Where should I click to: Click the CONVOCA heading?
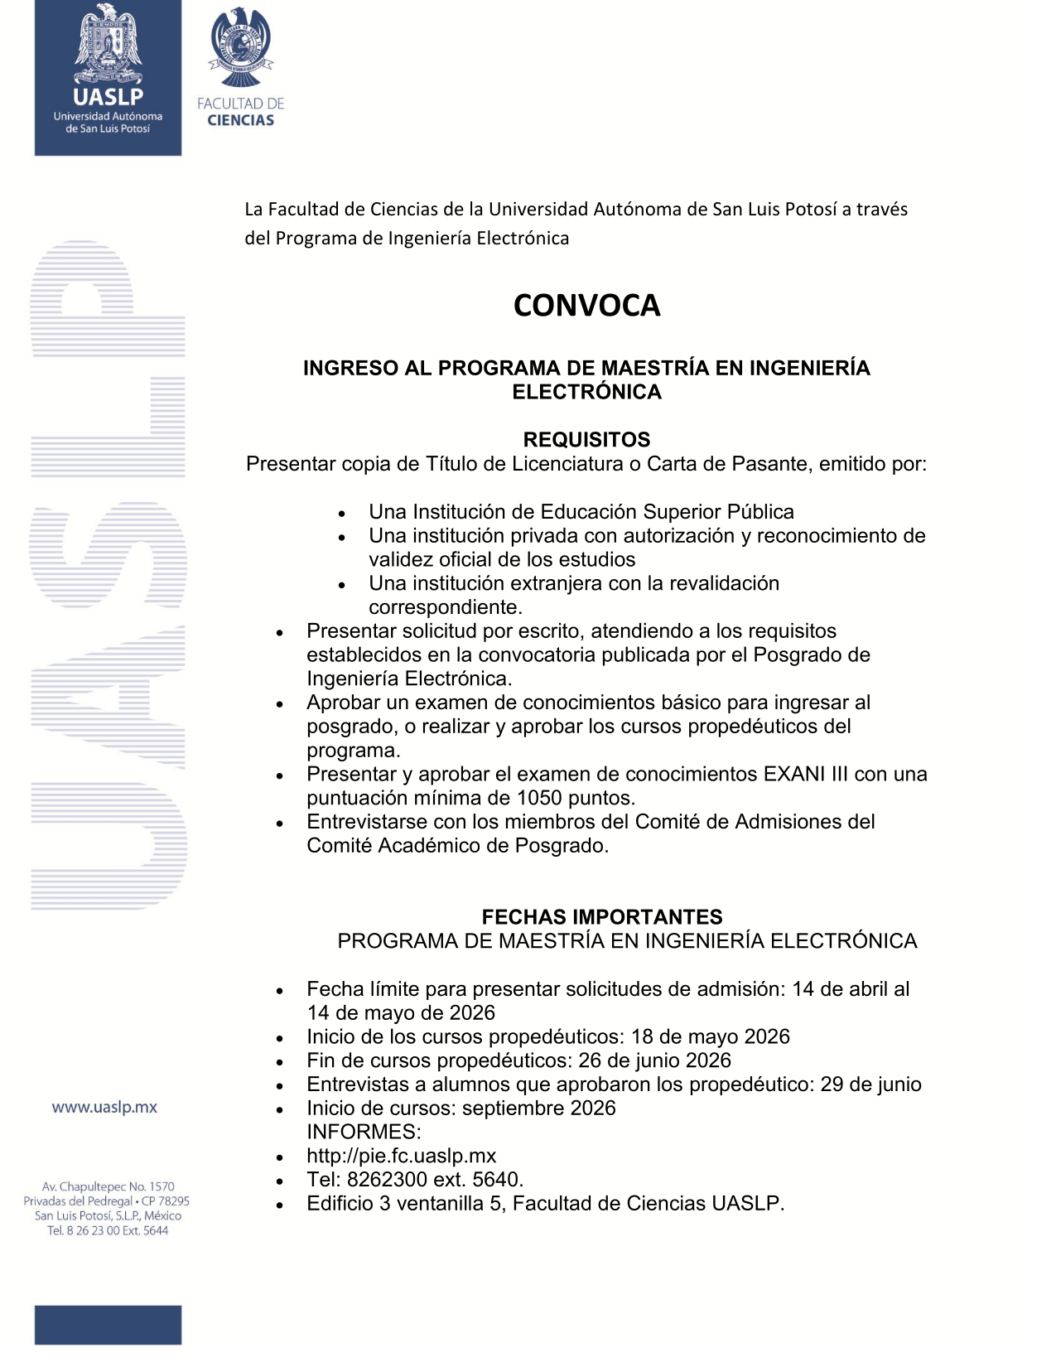tap(586, 306)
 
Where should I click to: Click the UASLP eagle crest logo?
tap(108, 46)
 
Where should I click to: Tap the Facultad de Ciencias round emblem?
tap(241, 48)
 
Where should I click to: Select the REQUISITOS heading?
tap(586, 440)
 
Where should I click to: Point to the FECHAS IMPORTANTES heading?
tap(602, 917)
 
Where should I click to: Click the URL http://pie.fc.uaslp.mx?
tap(402, 1157)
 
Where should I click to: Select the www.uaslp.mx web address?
tap(104, 1108)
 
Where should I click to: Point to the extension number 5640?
tap(497, 1180)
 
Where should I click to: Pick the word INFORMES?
tap(364, 1133)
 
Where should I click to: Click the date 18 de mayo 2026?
tap(710, 1037)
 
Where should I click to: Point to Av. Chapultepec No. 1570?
tap(108, 1187)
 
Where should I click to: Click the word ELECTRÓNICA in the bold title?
tap(586, 393)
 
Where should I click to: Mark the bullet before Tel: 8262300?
tap(281, 1181)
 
